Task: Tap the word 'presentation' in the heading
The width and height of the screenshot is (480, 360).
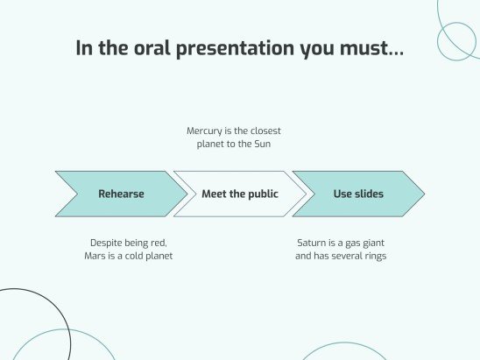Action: pos(235,48)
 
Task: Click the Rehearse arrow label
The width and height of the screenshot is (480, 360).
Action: pos(121,194)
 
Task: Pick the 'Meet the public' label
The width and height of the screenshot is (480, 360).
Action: pos(240,194)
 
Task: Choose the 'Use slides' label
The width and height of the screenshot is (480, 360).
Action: pos(358,194)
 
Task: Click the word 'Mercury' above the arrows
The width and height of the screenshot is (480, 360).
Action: pos(206,131)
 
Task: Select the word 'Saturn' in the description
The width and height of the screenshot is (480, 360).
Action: pos(314,243)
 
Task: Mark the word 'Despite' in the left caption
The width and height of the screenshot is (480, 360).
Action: pos(107,243)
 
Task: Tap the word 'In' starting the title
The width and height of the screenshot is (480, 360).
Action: pos(84,48)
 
